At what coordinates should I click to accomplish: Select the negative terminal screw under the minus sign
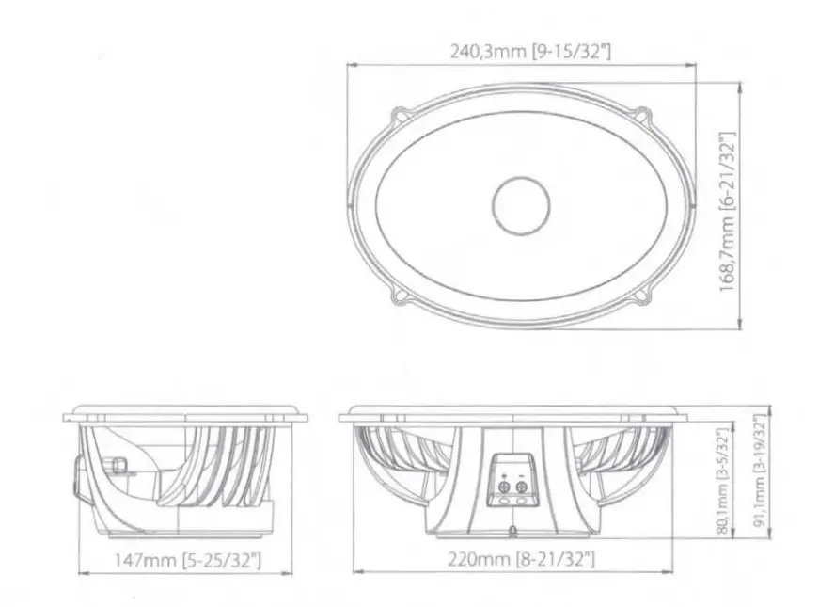(x=521, y=487)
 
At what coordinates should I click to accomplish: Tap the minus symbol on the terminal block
(x=521, y=475)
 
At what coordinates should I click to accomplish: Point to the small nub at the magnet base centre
(x=512, y=533)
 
